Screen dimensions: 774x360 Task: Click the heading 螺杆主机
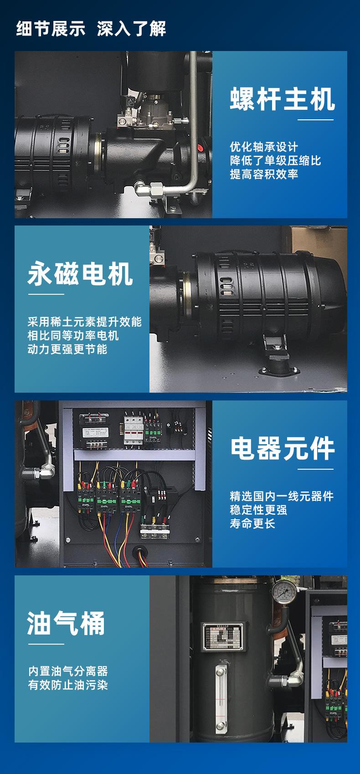(x=282, y=99)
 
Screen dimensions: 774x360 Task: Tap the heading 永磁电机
(x=81, y=274)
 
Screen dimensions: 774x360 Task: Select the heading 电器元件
(x=282, y=448)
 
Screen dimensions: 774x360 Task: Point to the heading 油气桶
(x=67, y=623)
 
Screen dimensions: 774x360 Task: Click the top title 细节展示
(x=51, y=28)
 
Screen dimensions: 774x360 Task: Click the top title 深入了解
(x=132, y=28)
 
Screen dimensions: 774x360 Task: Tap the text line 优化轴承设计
(x=264, y=147)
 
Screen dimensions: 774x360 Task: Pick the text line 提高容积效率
(x=264, y=174)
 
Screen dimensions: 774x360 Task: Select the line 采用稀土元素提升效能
(x=85, y=322)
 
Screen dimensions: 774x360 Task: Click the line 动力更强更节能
(x=67, y=349)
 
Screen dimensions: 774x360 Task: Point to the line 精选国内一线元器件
(x=282, y=496)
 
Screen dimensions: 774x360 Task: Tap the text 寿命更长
(x=252, y=523)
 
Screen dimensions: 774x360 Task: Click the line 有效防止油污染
(x=68, y=685)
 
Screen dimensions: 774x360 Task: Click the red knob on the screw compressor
(x=201, y=148)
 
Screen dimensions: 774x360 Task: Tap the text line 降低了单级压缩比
(x=275, y=160)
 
